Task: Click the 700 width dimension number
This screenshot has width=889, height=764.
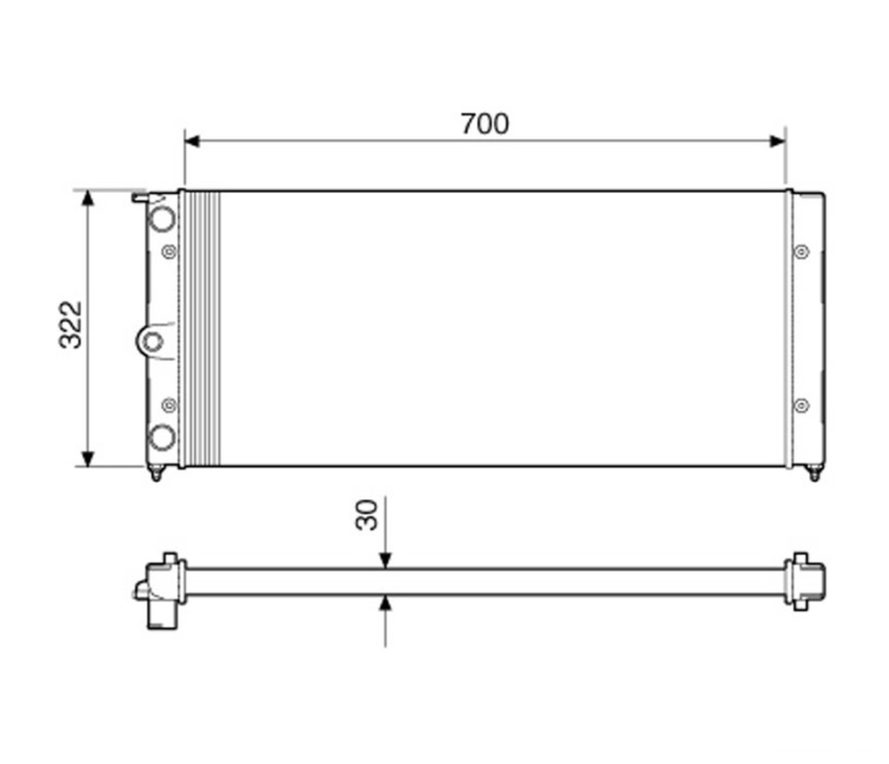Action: coord(484,125)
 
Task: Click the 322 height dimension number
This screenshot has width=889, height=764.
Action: coord(71,325)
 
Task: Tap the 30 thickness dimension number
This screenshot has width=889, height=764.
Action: coord(367,515)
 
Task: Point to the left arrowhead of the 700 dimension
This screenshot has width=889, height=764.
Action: coord(192,141)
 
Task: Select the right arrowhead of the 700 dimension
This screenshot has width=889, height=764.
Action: coord(778,141)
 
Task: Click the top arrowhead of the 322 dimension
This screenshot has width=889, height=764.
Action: coord(87,197)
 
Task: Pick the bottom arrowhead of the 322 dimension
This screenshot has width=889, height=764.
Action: coord(87,459)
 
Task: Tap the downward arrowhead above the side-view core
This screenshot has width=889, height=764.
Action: coord(385,561)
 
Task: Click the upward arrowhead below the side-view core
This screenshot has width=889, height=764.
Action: coord(385,603)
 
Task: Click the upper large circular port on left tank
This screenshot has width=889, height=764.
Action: coord(162,219)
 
